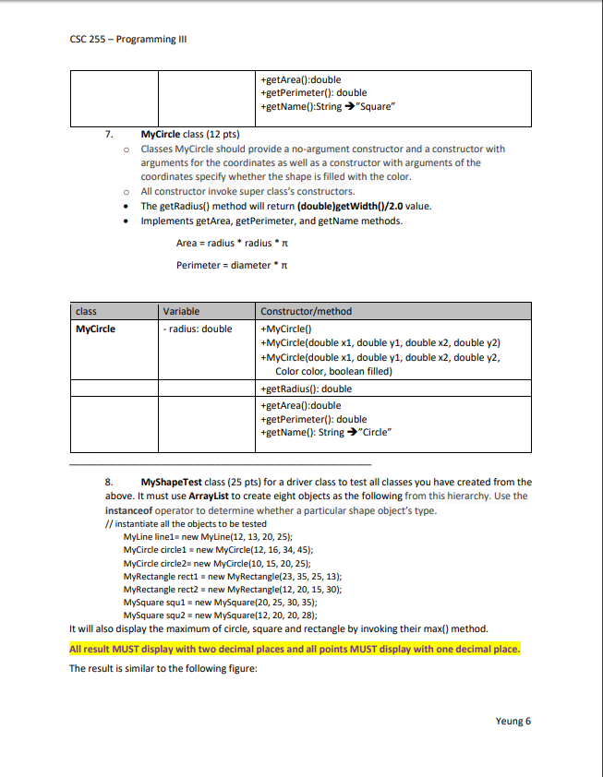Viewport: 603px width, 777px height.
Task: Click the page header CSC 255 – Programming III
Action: pyautogui.click(x=122, y=39)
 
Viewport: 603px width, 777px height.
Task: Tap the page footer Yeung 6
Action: pyautogui.click(x=513, y=722)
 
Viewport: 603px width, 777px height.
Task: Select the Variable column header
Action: pyautogui.click(x=180, y=311)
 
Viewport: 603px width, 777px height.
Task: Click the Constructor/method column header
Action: pyautogui.click(x=307, y=311)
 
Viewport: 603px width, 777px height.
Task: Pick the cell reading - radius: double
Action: pyautogui.click(x=197, y=328)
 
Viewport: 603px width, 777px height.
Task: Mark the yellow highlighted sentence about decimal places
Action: pyautogui.click(x=295, y=649)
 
